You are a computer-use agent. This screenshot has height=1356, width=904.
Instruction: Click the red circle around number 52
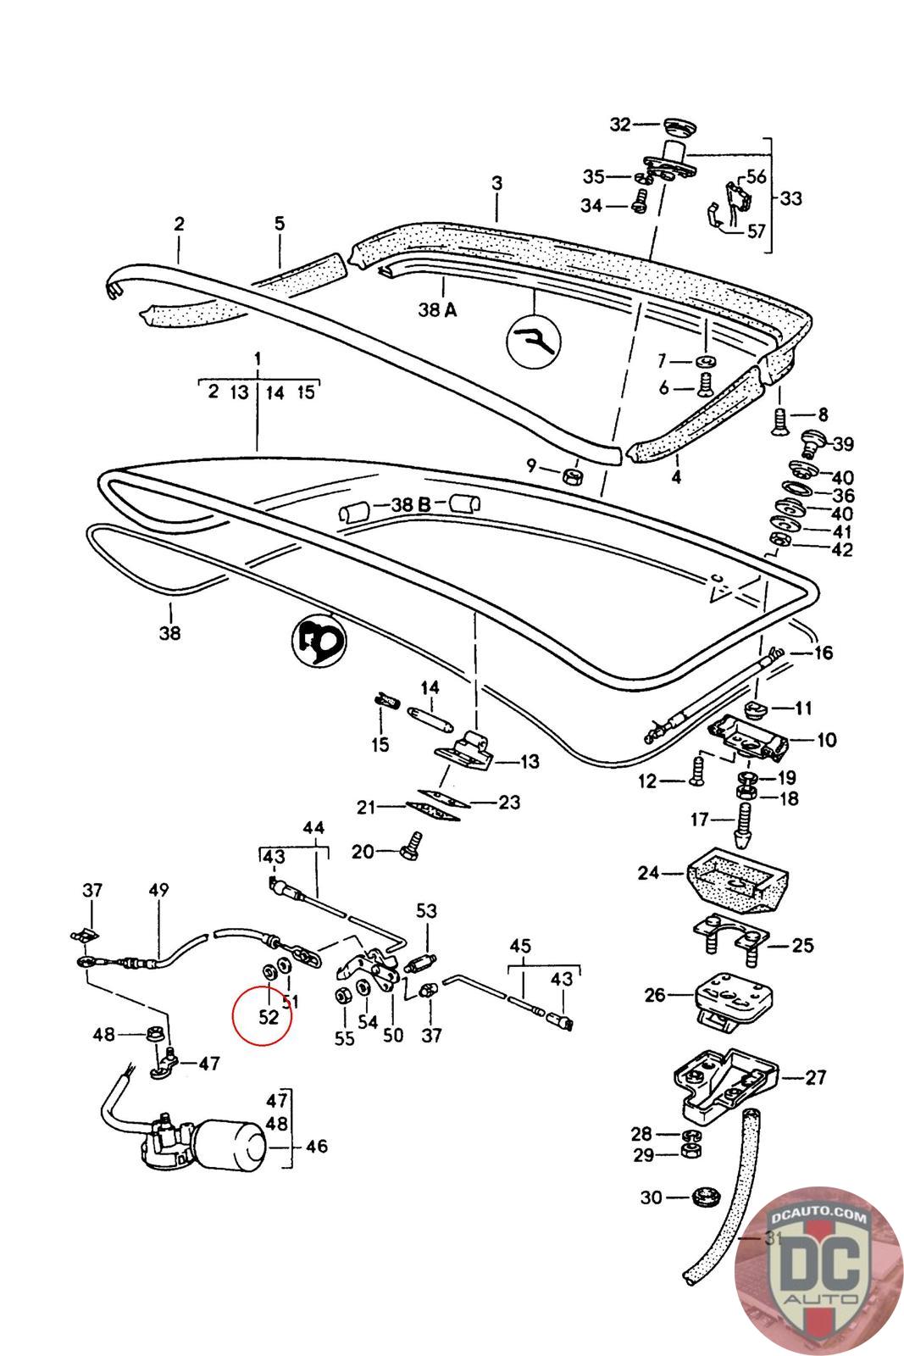(x=262, y=1014)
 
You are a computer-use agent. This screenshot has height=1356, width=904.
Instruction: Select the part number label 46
(x=316, y=1147)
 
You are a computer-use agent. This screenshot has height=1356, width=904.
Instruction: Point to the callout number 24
(x=649, y=871)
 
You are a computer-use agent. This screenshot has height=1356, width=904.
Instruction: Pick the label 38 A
(x=437, y=310)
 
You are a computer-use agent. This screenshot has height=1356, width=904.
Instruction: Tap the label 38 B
(x=411, y=505)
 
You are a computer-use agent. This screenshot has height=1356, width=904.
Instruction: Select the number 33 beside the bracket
(x=790, y=198)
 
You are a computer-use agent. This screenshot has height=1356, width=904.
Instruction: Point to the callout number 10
(x=826, y=740)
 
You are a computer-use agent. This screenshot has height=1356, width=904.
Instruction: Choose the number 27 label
(x=815, y=1078)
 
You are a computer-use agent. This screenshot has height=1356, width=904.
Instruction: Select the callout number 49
(x=158, y=890)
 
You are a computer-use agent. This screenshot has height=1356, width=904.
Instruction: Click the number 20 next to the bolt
(x=363, y=851)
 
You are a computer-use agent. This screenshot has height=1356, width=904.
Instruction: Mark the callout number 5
(x=280, y=224)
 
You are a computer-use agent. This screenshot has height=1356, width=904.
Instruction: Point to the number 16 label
(x=823, y=653)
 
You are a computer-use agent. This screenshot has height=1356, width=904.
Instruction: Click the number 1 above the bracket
(x=258, y=358)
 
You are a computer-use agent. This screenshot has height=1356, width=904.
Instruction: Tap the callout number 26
(x=655, y=994)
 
